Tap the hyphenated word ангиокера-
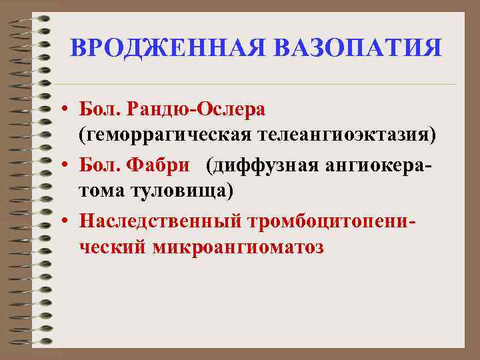pyautogui.click(x=374, y=163)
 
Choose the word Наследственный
pyautogui.click(x=161, y=219)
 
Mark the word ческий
pyautogui.click(x=113, y=247)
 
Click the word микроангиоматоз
pyautogui.click(x=239, y=247)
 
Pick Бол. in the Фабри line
pyautogui.click(x=97, y=163)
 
